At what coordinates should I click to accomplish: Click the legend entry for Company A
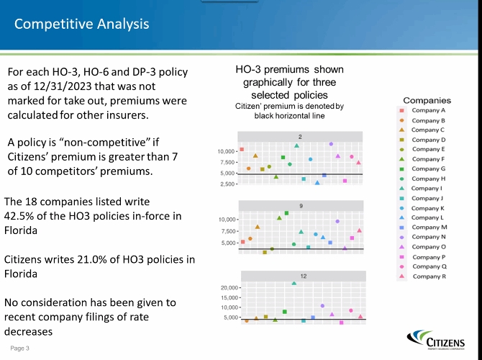[x=427, y=111]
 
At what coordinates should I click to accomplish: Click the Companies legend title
[x=427, y=100]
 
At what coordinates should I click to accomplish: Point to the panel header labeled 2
[x=300, y=136]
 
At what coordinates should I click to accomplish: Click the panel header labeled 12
[x=303, y=276]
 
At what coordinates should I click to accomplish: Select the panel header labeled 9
[x=301, y=206]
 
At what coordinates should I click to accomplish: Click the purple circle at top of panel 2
[x=331, y=144]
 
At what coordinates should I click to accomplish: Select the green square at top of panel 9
[x=286, y=213]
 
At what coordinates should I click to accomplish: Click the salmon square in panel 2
[x=242, y=150]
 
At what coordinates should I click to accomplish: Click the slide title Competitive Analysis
[x=82, y=24]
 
